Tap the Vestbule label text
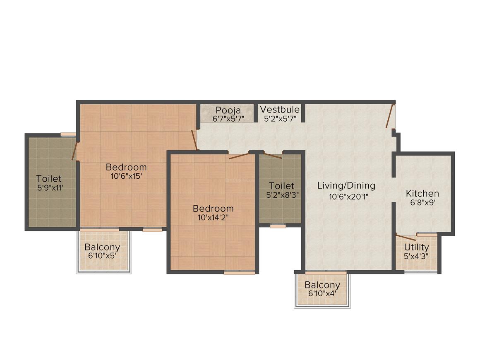click(x=280, y=110)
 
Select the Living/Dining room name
click(x=346, y=185)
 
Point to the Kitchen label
click(x=422, y=194)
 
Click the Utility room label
click(x=416, y=247)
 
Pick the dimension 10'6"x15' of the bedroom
click(x=126, y=176)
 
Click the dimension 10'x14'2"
click(x=213, y=217)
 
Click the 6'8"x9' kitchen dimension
click(x=422, y=203)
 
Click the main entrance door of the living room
click(x=389, y=117)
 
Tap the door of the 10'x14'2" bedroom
click(x=239, y=156)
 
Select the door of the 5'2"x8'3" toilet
click(x=273, y=156)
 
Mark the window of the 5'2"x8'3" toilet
click(x=278, y=226)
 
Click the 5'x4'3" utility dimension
click(x=416, y=256)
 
